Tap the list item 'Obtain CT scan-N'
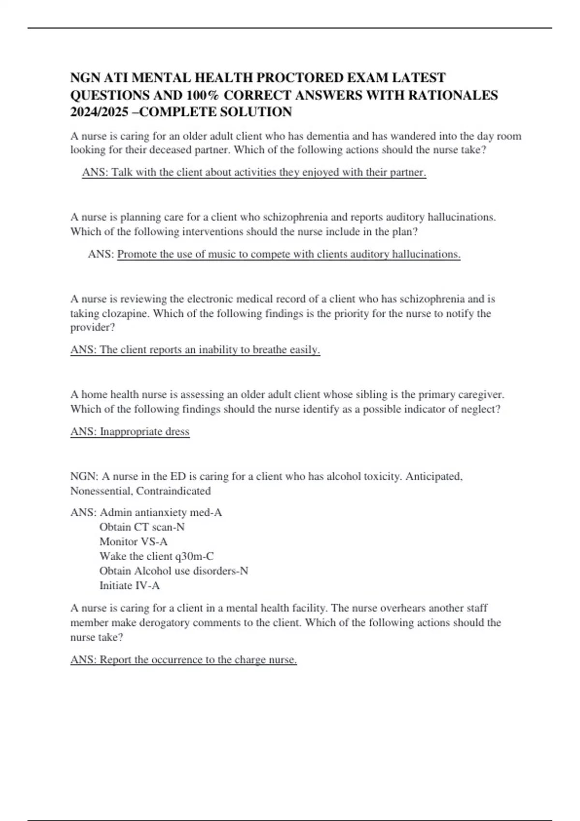pos(142,527)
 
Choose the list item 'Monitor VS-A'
pos(133,541)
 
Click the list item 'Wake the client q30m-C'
pos(157,556)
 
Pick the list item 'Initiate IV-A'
pos(130,585)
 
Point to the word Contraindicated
pos(173,491)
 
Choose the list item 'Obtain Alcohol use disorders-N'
pos(174,571)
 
